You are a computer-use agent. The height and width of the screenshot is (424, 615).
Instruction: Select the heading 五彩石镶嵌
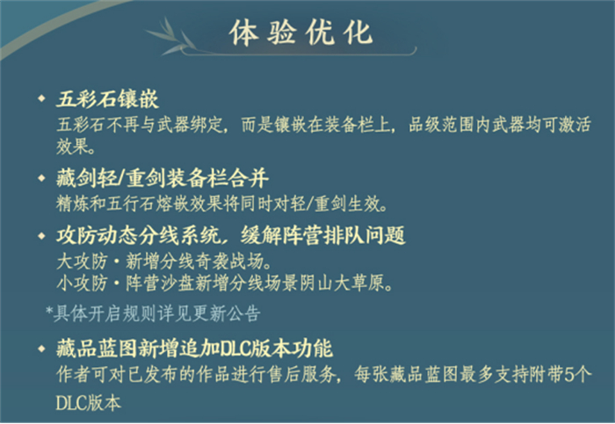(x=106, y=96)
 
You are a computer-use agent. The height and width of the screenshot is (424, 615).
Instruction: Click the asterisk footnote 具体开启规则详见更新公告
(x=154, y=312)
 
